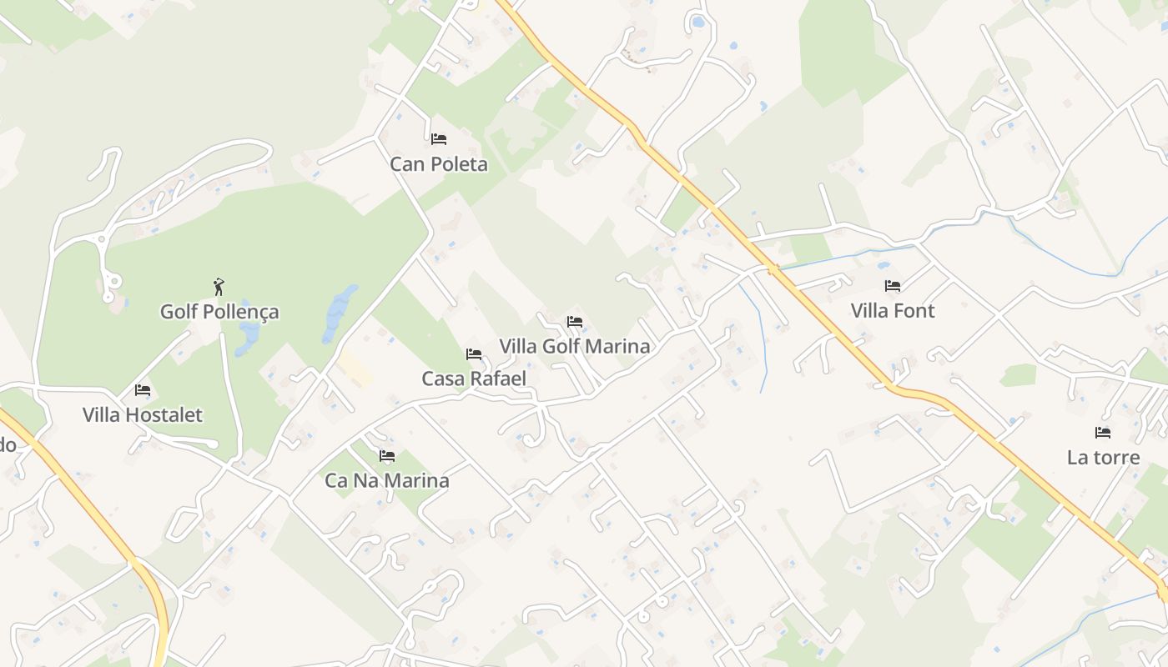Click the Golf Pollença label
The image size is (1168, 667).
219,312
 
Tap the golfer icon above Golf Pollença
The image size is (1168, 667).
219,287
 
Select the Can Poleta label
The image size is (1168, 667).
439,164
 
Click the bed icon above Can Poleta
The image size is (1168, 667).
439,139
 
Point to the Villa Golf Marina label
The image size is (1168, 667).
574,346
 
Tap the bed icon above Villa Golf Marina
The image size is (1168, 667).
574,322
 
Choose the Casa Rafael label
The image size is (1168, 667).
474,379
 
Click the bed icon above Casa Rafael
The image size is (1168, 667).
474,354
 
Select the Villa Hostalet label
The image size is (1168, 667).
143,414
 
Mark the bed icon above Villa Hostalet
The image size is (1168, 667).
143,390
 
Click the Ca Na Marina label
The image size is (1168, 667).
387,480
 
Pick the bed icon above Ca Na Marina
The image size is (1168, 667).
387,456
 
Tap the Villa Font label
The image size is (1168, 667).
893,311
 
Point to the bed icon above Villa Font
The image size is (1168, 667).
893,286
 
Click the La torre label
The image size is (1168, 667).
1103,457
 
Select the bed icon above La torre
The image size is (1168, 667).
1103,433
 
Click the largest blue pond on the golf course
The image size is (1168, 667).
339,313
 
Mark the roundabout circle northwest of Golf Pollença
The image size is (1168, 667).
103,240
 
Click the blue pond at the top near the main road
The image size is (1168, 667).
697,22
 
